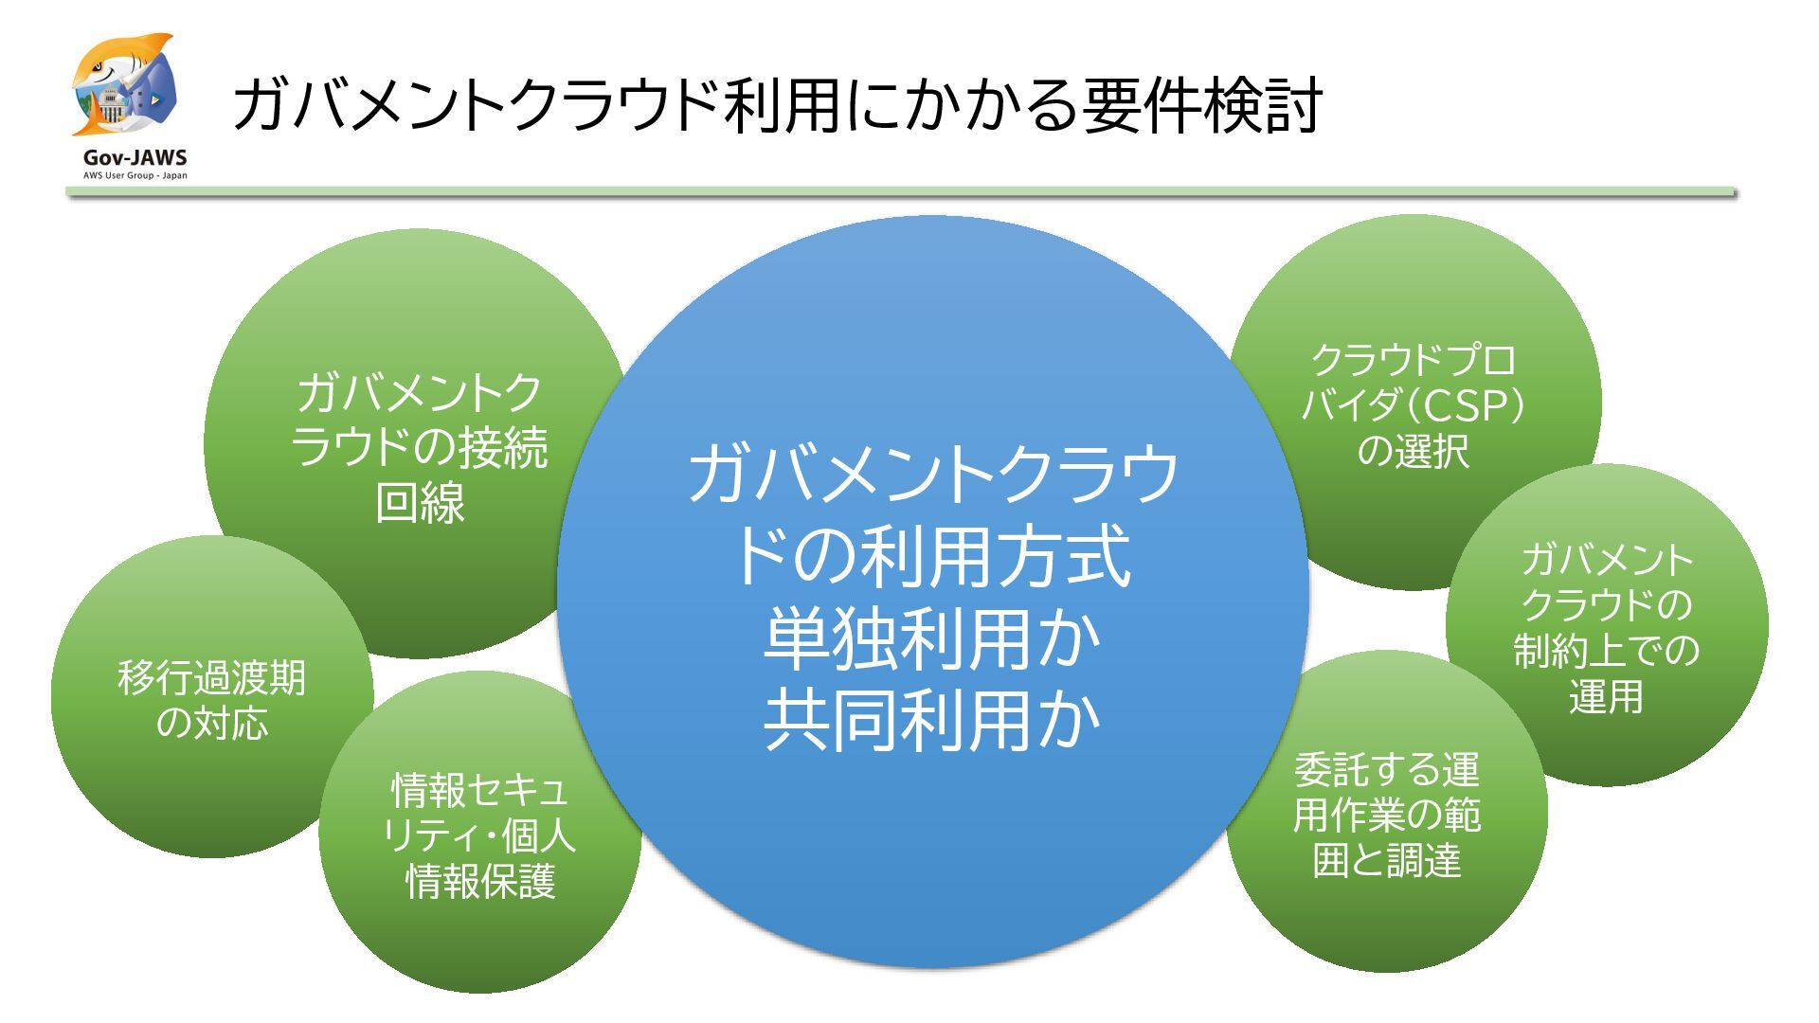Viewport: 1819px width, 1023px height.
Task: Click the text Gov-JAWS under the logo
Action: click(135, 158)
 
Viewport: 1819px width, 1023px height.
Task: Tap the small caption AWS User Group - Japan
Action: click(135, 175)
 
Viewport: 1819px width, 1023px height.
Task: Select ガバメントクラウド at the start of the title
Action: click(474, 105)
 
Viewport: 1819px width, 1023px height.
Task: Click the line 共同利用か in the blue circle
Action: click(932, 721)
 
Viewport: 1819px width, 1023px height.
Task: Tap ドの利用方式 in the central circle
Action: click(932, 556)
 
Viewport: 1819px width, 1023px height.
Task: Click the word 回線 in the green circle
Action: click(420, 502)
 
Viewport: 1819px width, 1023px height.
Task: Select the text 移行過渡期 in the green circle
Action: click(211, 678)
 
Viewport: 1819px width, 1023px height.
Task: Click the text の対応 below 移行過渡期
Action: click(211, 723)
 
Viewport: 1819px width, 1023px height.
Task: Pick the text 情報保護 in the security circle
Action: click(480, 881)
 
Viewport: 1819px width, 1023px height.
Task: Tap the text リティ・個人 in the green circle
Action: click(479, 835)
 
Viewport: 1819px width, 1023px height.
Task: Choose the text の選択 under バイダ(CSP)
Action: click(1413, 451)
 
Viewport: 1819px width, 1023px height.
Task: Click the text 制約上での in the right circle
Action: click(1606, 651)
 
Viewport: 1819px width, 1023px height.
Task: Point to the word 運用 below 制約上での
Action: click(1606, 697)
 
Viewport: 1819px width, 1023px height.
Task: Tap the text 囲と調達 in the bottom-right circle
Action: click(1387, 860)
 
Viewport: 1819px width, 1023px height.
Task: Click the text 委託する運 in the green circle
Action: click(1387, 769)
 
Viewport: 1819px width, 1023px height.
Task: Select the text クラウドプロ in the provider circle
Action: click(1413, 360)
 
